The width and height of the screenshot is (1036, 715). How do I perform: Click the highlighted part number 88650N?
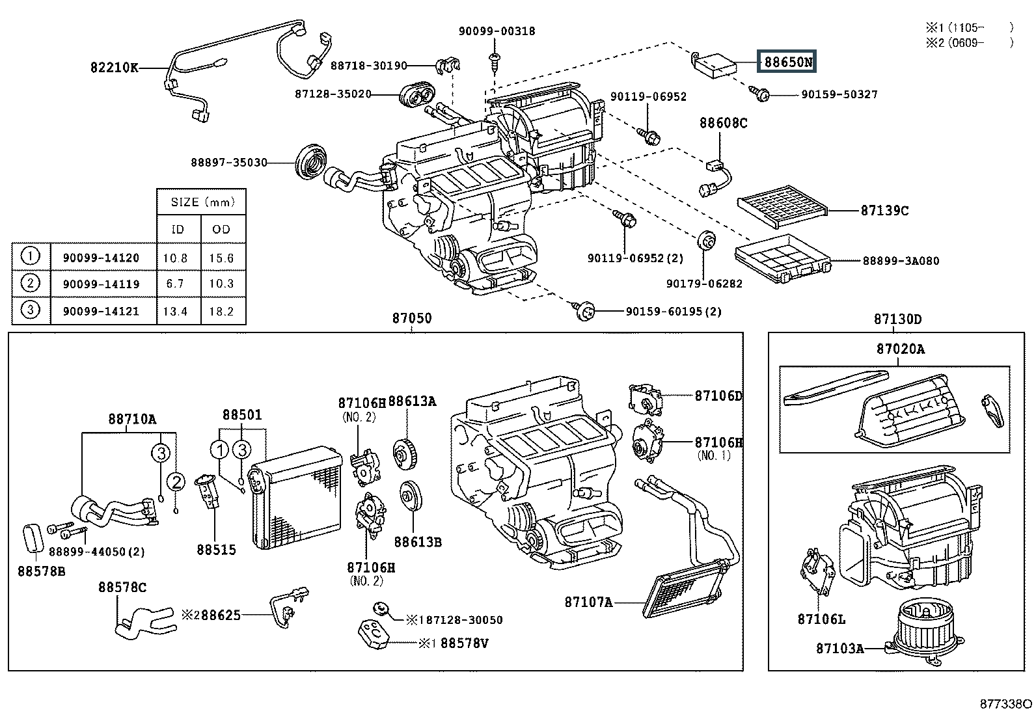(x=788, y=62)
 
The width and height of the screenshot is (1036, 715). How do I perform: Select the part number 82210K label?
(x=115, y=68)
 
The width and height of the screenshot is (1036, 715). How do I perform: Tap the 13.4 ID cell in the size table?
(x=175, y=311)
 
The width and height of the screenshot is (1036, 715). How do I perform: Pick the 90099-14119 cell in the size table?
(x=101, y=284)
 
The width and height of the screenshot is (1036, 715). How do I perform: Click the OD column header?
(x=221, y=229)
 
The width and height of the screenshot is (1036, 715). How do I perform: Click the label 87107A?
(x=589, y=602)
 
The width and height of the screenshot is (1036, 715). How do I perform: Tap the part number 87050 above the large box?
(x=411, y=319)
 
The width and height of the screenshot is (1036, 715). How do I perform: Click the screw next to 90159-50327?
(x=763, y=94)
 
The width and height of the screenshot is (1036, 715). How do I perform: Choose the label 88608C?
(x=723, y=123)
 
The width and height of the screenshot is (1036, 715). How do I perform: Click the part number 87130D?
(x=897, y=319)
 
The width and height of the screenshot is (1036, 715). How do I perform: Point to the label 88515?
(x=216, y=550)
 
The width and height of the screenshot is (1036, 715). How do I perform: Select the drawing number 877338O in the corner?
(x=1006, y=705)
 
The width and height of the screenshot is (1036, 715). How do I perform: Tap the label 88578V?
(x=465, y=643)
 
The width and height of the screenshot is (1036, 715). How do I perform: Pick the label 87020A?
(x=900, y=349)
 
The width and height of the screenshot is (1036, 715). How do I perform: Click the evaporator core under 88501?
(x=297, y=496)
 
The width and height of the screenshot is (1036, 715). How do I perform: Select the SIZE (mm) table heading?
(x=202, y=202)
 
